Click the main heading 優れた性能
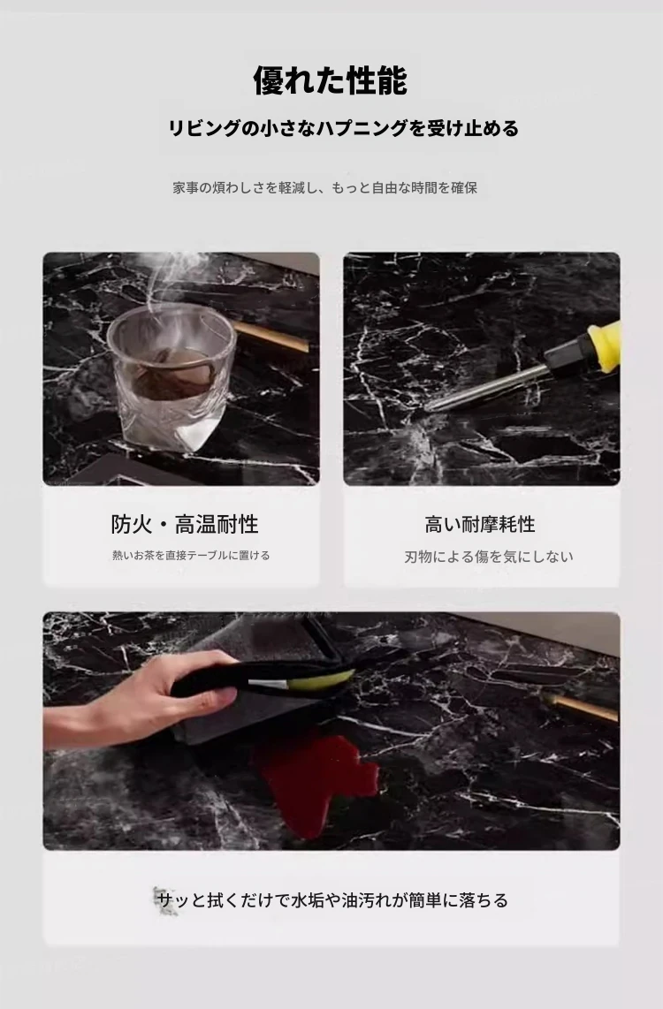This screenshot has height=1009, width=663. tap(330, 81)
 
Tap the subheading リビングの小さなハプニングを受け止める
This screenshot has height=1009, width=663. tap(343, 128)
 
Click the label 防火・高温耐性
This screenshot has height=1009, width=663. tap(185, 525)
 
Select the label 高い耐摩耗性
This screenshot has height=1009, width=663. tap(480, 525)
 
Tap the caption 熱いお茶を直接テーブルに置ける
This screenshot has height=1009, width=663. tap(191, 556)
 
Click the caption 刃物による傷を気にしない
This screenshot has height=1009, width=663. tap(489, 557)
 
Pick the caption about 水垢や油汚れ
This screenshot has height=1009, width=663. tap(332, 899)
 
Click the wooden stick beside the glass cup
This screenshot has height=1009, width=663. tap(271, 338)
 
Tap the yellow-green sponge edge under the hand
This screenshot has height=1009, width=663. tap(328, 679)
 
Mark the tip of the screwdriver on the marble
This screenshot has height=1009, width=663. tap(427, 408)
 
